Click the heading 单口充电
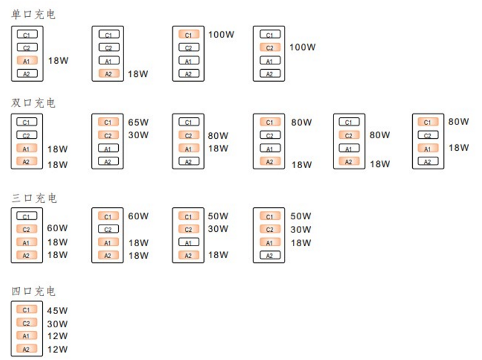33,14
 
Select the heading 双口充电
33,103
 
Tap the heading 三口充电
33,198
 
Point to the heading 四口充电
33,291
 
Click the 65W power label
138,122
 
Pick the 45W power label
57,310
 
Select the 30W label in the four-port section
57,323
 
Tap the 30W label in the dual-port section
138,135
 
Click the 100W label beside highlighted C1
221,35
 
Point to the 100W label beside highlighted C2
302,47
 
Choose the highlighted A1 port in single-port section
27,60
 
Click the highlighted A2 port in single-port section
109,73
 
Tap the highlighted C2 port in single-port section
270,47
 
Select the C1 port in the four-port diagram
27,309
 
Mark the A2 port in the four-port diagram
27,349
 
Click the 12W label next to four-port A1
57,336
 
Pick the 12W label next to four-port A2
57,349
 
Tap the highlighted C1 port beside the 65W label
109,122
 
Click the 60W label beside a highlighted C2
57,229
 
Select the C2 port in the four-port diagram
27,323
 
